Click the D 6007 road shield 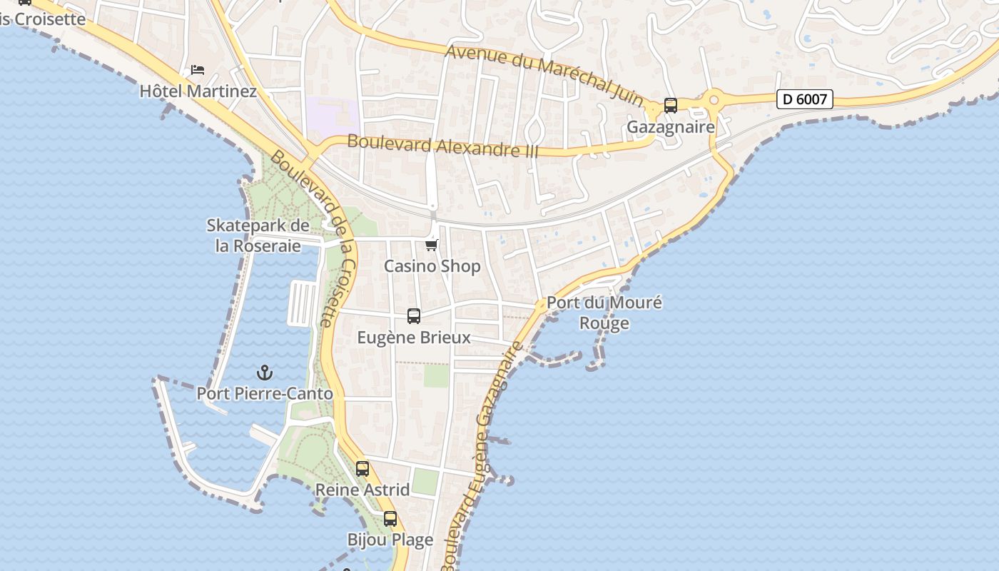tap(804, 99)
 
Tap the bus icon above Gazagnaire tap(670, 106)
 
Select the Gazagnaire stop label tap(670, 127)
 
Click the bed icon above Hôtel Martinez tap(198, 70)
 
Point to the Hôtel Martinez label tap(198, 91)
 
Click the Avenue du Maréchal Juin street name tap(544, 74)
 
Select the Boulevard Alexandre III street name tap(442, 146)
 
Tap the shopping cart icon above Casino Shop tap(431, 246)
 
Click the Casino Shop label tap(432, 266)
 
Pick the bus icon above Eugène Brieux tap(413, 316)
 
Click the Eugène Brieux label tap(414, 337)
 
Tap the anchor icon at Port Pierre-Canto tap(264, 373)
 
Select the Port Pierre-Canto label tap(265, 393)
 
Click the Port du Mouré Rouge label tap(604, 313)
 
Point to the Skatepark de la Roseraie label tap(258, 236)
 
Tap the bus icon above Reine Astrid tap(362, 469)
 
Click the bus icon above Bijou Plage tap(390, 519)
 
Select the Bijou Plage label tap(390, 540)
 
